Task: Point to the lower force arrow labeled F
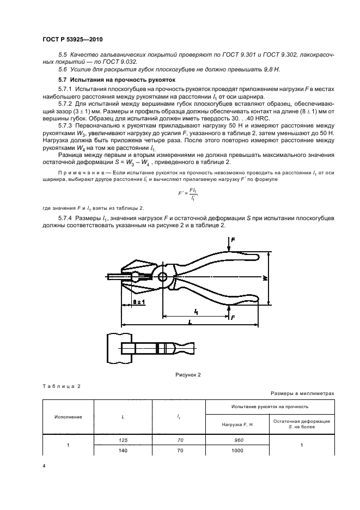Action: point(233,316)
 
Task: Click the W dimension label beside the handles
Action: point(265,278)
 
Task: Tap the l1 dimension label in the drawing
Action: point(196,311)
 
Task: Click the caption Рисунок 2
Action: point(188,375)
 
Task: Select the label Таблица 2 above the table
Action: point(61,386)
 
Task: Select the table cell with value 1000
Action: point(237,451)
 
